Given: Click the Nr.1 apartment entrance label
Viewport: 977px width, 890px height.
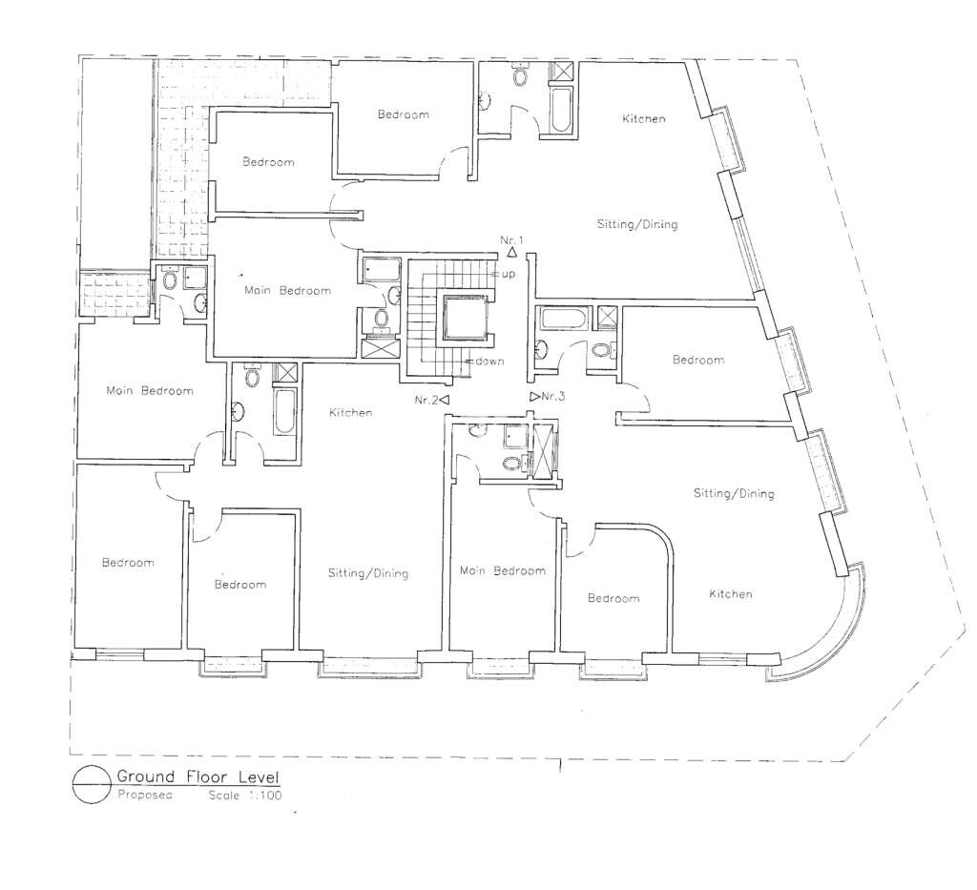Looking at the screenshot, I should [512, 238].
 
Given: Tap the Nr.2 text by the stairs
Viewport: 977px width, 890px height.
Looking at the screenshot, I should [426, 400].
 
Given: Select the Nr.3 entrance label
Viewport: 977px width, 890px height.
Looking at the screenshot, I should [553, 396].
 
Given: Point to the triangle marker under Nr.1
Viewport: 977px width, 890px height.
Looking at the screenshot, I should [512, 254].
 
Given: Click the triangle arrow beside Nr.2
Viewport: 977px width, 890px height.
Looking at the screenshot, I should [445, 400].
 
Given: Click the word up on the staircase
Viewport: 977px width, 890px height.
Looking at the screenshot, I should [509, 274].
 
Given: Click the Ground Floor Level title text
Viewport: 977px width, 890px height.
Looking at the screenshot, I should [197, 776].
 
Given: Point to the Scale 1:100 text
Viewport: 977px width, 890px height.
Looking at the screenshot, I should [244, 794].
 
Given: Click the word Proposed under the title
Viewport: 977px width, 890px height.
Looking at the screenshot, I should [144, 794].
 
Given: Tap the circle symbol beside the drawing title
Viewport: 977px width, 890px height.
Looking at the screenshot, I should [91, 784].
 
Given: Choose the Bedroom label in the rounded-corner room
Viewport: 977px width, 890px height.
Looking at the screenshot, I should [613, 598].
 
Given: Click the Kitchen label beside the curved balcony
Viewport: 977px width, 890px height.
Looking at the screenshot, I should [730, 594].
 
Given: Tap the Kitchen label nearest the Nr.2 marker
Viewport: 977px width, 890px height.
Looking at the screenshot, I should [350, 413].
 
